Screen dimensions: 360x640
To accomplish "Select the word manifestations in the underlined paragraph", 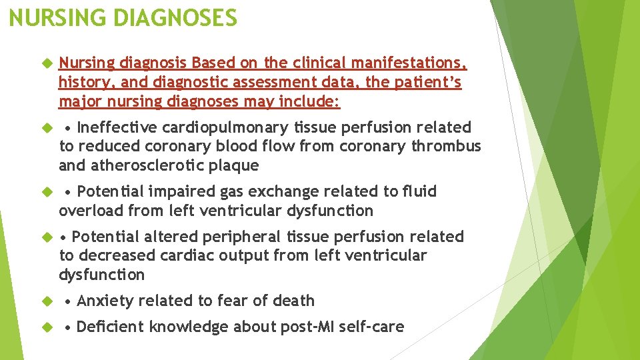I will pos(408,63).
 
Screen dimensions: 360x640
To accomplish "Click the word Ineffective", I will pos(117,127).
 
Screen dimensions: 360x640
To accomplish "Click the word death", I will pos(292,301).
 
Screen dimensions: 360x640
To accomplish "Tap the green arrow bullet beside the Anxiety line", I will pos(47,301).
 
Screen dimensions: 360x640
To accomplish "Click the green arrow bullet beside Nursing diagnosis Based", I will pos(47,64).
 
